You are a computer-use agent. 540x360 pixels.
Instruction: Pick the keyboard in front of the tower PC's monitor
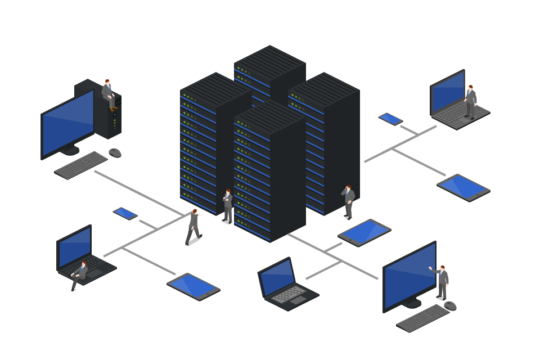pos(80,165)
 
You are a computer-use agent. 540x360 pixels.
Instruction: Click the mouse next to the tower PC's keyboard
pos(115,152)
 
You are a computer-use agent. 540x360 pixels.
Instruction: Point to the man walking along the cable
pos(193,227)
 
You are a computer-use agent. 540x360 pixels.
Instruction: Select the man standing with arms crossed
pos(227,206)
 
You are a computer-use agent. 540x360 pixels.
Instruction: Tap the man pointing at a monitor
pos(442,282)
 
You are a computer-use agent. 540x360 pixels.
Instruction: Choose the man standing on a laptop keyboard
pos(471,102)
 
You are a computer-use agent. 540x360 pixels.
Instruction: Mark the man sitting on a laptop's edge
pos(80,274)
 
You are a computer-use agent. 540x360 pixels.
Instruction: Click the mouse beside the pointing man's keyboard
pos(450,306)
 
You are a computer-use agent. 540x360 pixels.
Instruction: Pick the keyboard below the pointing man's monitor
pos(422,318)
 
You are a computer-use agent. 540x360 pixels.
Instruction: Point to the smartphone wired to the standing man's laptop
pos(390,119)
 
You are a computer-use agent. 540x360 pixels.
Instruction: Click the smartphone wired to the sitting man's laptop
pos(125,213)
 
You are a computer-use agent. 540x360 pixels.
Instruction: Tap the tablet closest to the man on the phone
pos(364,232)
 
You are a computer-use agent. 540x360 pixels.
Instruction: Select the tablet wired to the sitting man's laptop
pos(193,286)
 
